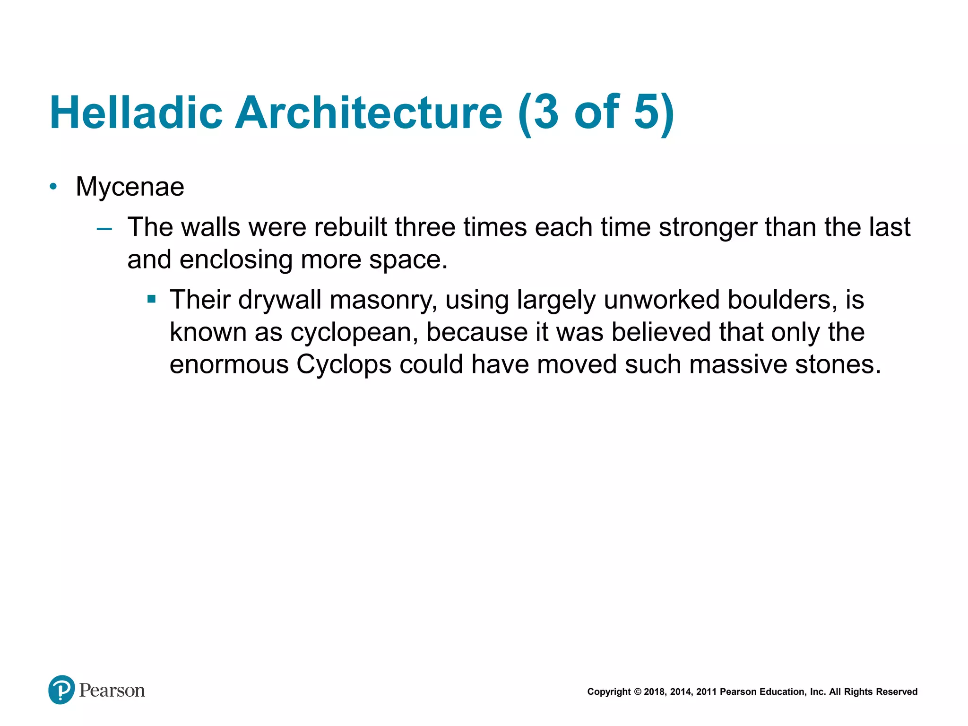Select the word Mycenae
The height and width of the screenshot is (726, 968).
pyautogui.click(x=130, y=187)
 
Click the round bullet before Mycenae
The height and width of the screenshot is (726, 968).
pyautogui.click(x=53, y=187)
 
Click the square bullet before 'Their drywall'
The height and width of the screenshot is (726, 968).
pyautogui.click(x=151, y=299)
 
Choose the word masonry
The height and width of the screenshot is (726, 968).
pyautogui.click(x=383, y=300)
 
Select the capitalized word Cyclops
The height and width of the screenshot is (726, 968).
pyautogui.click(x=344, y=364)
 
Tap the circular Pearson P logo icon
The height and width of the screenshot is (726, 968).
pyautogui.click(x=61, y=690)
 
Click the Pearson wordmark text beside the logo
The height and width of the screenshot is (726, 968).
pyautogui.click(x=112, y=691)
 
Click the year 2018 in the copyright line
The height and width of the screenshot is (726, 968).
pyautogui.click(x=654, y=692)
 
